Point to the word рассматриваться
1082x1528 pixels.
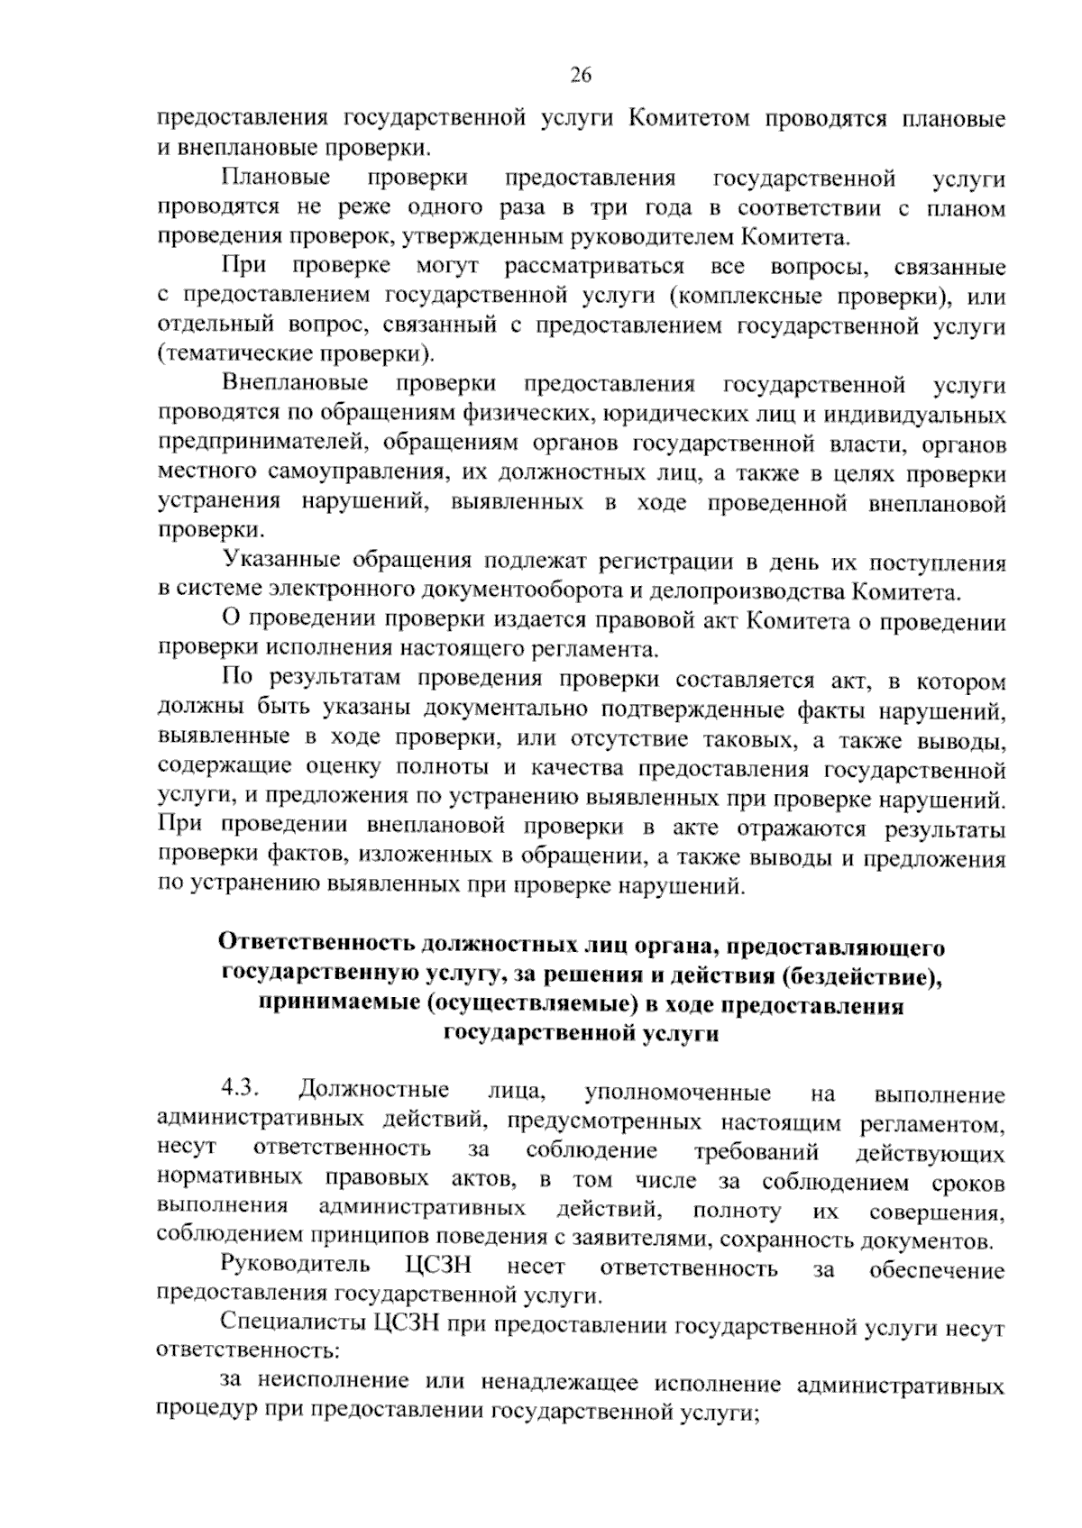point(593,267)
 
